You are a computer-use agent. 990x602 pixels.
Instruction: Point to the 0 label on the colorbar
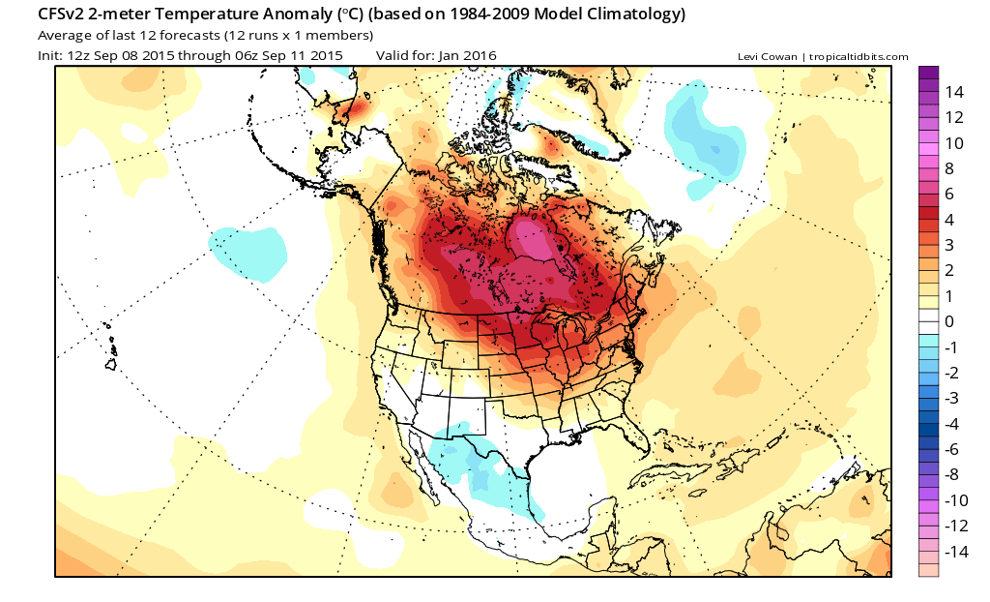coord(949,321)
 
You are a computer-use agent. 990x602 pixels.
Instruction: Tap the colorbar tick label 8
coord(949,168)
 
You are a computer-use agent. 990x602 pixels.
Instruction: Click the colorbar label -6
coord(952,449)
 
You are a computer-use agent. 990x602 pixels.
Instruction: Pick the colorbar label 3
coord(949,245)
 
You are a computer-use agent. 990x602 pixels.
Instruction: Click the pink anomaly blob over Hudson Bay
coord(530,241)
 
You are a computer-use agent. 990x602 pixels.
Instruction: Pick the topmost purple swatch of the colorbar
coord(929,73)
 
